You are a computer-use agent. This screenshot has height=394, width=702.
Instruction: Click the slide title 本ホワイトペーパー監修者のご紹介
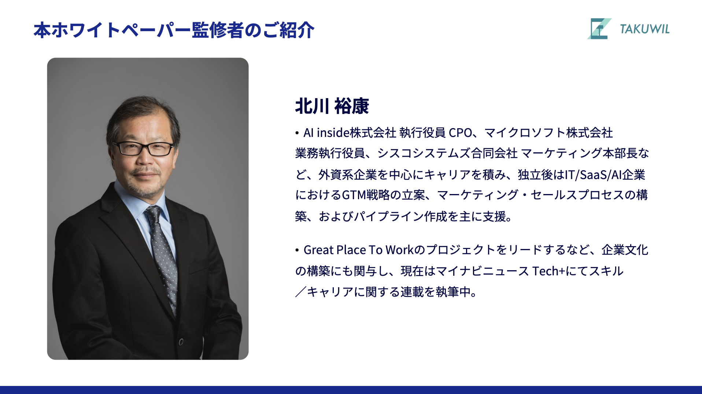click(174, 30)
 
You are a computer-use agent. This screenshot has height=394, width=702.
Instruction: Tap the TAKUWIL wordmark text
click(644, 29)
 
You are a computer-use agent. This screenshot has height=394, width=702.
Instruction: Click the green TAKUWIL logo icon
click(599, 29)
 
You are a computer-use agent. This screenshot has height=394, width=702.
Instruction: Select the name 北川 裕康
click(332, 106)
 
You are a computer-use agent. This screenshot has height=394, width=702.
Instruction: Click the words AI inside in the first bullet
click(326, 133)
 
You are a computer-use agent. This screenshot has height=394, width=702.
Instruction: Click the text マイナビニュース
click(483, 271)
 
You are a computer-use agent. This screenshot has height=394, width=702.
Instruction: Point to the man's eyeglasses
click(143, 148)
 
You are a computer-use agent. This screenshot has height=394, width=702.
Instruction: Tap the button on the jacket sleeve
click(181, 342)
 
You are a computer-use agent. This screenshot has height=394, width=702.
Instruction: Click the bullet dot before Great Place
click(297, 250)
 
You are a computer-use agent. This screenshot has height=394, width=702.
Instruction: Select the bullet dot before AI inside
click(297, 133)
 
